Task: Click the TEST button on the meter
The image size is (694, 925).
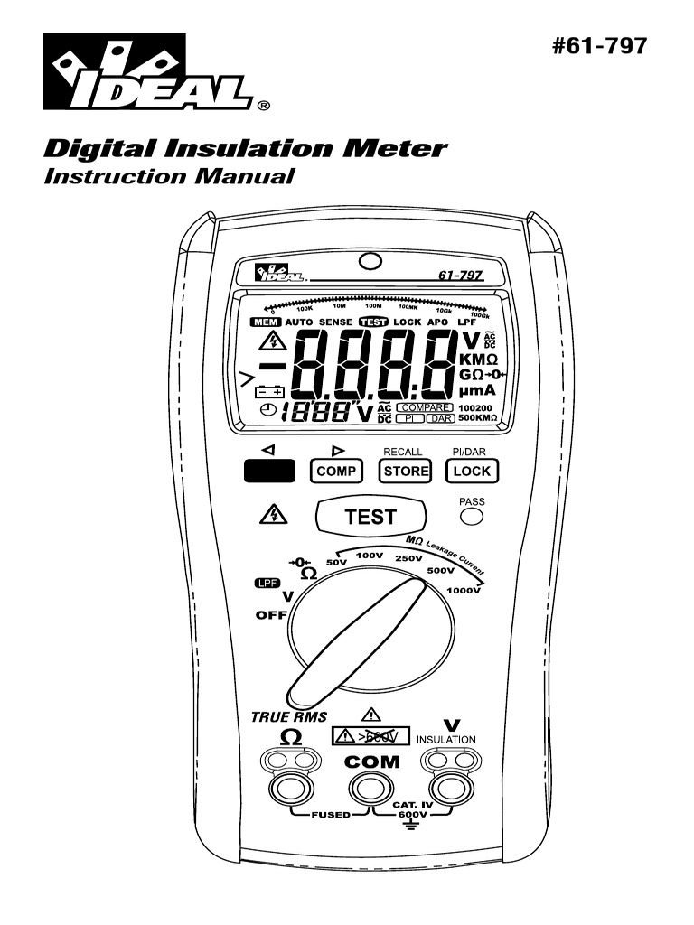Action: (370, 517)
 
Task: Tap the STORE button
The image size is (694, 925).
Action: (406, 471)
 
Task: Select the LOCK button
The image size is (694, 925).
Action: (472, 471)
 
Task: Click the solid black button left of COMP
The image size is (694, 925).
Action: (269, 471)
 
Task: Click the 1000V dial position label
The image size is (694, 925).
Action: (463, 591)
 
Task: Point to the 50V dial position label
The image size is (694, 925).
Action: (336, 563)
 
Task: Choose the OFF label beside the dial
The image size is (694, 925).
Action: (270, 614)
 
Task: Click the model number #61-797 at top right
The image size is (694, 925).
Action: (600, 46)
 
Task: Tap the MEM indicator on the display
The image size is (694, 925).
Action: (267, 322)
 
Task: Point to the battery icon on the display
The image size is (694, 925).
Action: (269, 392)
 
